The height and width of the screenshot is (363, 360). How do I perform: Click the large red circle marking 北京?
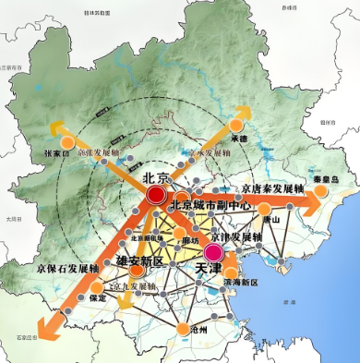pyautogui.click(x=156, y=195)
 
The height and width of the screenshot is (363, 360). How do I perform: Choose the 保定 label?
pyautogui.click(x=98, y=297)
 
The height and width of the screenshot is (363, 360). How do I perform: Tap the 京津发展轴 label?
pyautogui.click(x=238, y=236)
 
